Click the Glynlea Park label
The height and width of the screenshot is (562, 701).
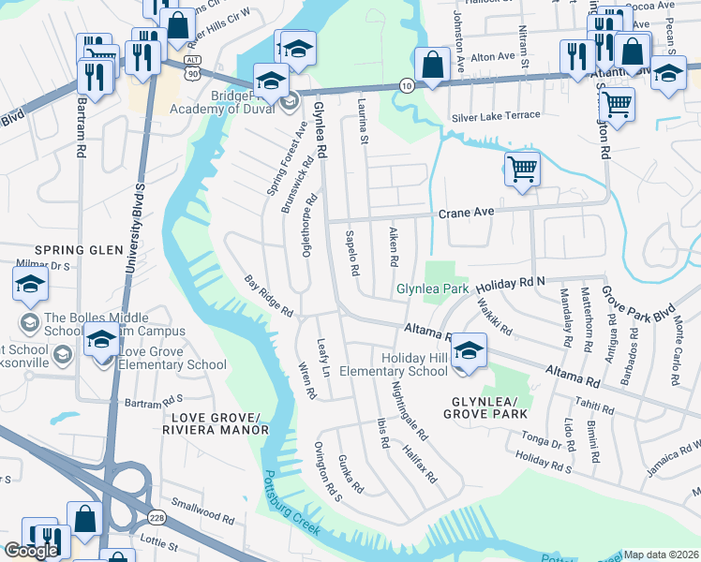(432, 289)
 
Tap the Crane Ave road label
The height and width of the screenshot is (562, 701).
(466, 214)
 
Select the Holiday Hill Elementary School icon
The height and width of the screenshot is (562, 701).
(468, 351)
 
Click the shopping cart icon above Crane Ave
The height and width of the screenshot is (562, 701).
(522, 170)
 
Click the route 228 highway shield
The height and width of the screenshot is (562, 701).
(156, 517)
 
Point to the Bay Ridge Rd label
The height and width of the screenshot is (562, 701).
(269, 295)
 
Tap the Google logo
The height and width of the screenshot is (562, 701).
(31, 550)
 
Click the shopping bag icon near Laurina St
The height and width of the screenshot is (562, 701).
(431, 66)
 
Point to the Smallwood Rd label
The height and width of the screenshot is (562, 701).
(203, 511)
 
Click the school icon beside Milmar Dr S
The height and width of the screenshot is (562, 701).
(30, 283)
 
